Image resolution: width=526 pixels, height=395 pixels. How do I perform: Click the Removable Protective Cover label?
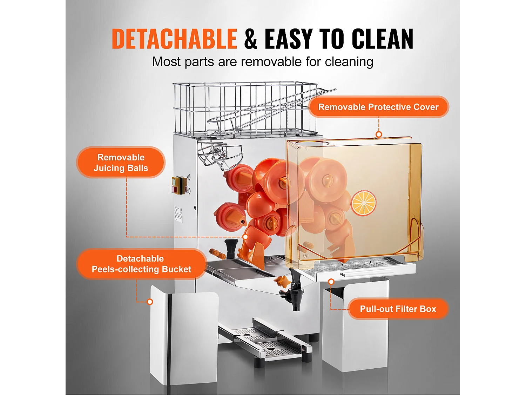[x=378, y=107]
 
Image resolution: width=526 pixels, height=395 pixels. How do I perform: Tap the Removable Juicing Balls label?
[x=121, y=163]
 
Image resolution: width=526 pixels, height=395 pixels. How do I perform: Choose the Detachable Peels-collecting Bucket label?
[x=141, y=264]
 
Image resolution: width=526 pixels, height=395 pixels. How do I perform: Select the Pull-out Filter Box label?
[x=398, y=309]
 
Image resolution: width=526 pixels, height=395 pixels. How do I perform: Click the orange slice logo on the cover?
[x=364, y=203]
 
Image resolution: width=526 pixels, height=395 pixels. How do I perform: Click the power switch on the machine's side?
[x=179, y=185]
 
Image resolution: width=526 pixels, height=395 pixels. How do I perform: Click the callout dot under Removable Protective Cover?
[x=379, y=134]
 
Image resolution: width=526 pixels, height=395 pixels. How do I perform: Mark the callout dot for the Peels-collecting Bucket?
[x=150, y=302]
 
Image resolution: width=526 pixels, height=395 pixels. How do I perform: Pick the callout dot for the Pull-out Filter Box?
[x=331, y=282]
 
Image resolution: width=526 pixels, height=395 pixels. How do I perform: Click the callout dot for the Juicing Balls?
[x=245, y=237]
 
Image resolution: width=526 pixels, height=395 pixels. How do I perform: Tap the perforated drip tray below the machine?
[x=267, y=342]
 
